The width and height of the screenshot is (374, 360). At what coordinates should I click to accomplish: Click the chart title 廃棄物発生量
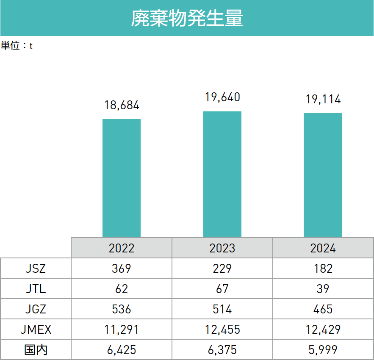(187, 18)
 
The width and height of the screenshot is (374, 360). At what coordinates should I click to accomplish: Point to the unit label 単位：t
(17, 46)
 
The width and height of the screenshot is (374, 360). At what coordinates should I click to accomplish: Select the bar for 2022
(122, 178)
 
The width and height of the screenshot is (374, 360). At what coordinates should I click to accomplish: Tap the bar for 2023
(222, 174)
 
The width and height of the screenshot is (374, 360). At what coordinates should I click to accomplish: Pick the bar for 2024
(323, 175)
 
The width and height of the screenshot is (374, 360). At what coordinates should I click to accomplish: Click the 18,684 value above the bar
(122, 105)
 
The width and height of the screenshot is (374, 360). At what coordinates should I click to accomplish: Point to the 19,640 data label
(222, 97)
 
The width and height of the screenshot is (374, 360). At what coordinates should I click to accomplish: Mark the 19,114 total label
(323, 100)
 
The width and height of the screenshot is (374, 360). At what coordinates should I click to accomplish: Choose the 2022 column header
(122, 248)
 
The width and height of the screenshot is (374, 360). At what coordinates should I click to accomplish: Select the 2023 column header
(222, 248)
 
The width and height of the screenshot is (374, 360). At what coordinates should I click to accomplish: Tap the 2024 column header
(323, 248)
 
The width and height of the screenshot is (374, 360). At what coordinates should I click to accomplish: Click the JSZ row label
(36, 268)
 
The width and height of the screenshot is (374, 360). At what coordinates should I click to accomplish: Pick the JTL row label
(36, 289)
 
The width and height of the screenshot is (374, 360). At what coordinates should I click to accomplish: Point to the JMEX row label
(36, 330)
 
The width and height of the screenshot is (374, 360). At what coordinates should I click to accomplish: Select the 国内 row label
(36, 350)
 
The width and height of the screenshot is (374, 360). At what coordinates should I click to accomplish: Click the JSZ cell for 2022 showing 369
(122, 268)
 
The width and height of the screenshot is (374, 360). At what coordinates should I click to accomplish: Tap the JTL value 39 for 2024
(323, 289)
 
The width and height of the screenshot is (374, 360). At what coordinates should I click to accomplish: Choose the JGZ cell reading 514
(222, 309)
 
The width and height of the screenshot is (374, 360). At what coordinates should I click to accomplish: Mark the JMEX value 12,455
(222, 330)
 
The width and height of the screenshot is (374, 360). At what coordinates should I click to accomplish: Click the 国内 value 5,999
(323, 350)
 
